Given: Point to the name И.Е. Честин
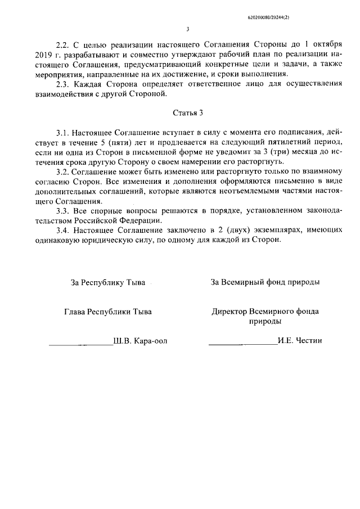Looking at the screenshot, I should (x=299, y=341).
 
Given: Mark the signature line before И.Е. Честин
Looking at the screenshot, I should (x=242, y=343).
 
